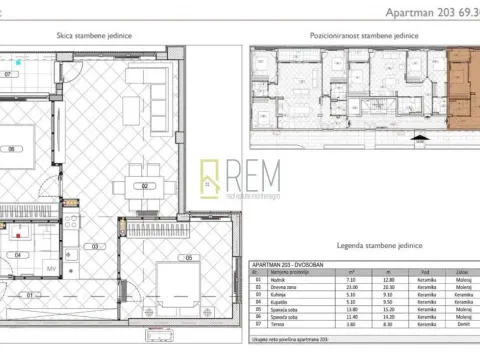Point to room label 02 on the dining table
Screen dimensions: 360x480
(145, 186)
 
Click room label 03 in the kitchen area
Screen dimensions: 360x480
(96, 246)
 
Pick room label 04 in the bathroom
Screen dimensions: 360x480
(19, 254)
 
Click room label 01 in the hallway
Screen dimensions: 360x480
(30, 295)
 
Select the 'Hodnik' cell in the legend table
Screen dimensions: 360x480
(274, 282)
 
